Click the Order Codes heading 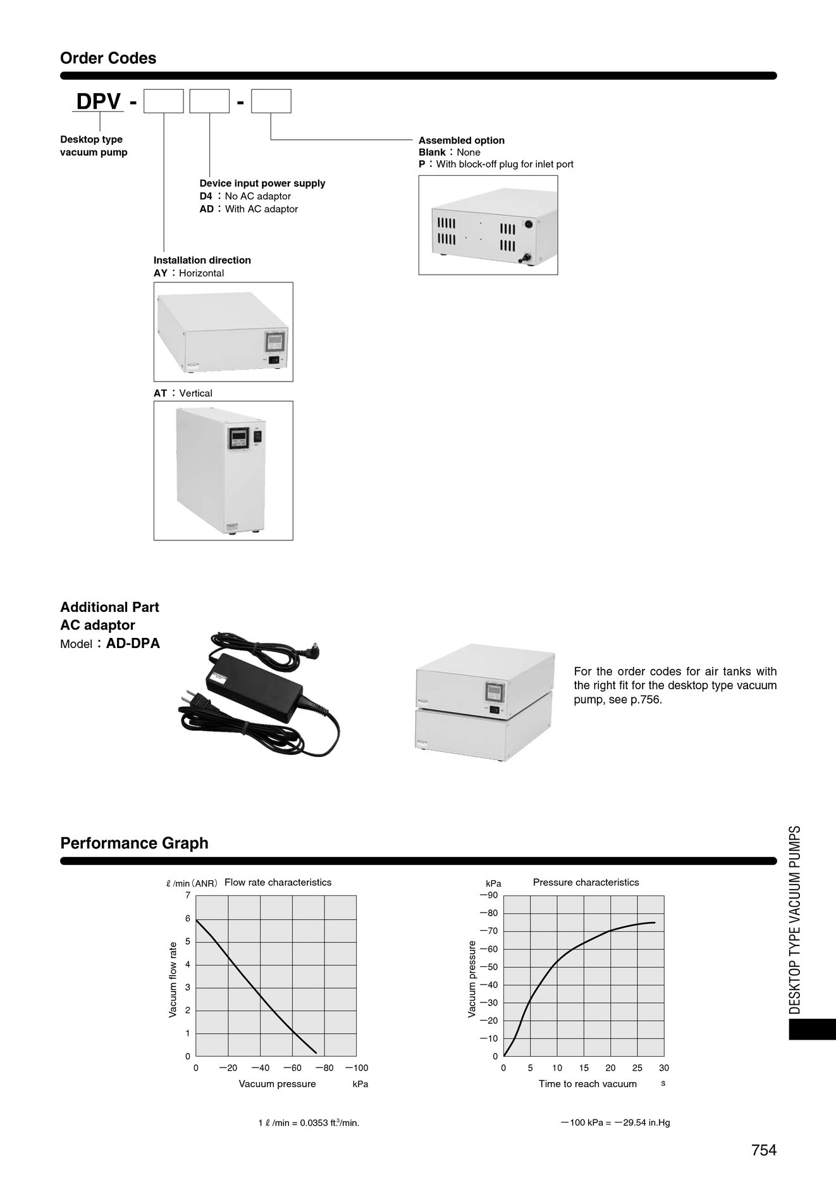[108, 58]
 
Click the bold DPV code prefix [99, 101]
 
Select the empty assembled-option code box [271, 101]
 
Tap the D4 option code [206, 196]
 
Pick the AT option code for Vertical [161, 393]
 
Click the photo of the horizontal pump [223, 332]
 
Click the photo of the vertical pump [223, 470]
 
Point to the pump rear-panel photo [488, 225]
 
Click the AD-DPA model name [133, 644]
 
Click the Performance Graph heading [134, 843]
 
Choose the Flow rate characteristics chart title [278, 882]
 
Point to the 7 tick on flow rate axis [188, 895]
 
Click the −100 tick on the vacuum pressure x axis [357, 1068]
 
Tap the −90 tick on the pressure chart [489, 895]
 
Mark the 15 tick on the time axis [584, 1068]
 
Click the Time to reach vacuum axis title [587, 1084]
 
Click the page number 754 [764, 1150]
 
